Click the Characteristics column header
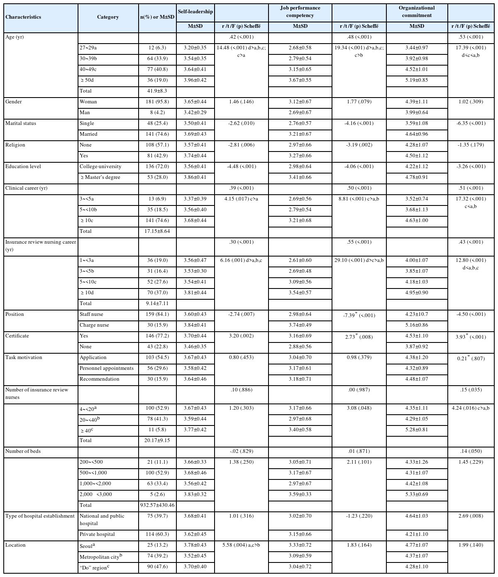pos(23,17)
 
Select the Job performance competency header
pos(300,12)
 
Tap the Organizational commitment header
pos(417,12)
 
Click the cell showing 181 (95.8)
pos(157,102)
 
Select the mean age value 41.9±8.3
pos(157,91)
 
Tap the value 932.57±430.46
pos(157,505)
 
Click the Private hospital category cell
pos(97,534)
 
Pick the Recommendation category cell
pos(99,379)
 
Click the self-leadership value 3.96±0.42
pos(195,80)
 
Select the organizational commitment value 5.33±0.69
pos(417,494)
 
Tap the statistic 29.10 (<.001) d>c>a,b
pos(359,260)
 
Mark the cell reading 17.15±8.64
pos(157,231)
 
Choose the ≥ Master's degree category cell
pos(100,177)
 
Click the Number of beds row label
pos(23,451)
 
